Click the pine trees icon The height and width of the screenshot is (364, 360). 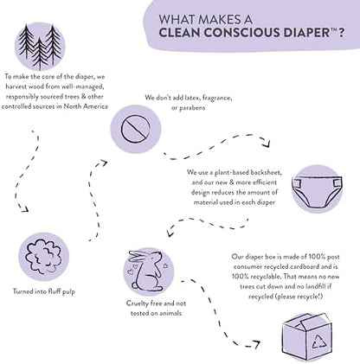pos(40,47)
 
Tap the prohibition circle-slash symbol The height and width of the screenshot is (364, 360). pos(136,129)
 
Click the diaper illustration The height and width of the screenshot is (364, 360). pos(317,189)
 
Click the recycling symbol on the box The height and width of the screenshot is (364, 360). pos(319,342)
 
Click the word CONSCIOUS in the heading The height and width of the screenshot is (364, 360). pos(241,33)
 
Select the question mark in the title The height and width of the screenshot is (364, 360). pos(341,33)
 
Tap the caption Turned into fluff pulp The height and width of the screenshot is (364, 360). pos(44,291)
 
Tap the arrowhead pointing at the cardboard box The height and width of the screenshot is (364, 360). pos(256,344)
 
